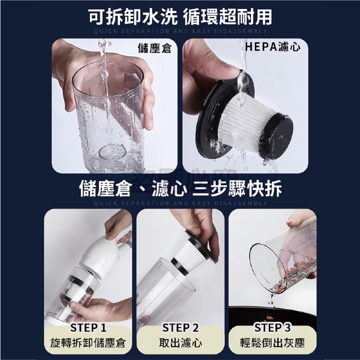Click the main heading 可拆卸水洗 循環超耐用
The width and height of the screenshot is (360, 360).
[x=180, y=17]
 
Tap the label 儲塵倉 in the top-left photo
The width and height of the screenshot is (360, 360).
[x=154, y=48]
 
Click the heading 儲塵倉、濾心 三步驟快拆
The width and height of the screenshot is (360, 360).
[x=180, y=189]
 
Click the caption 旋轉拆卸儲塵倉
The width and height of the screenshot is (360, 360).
[x=88, y=344]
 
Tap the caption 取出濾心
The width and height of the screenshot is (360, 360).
[x=180, y=344]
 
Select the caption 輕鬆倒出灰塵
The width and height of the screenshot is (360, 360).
[x=272, y=344]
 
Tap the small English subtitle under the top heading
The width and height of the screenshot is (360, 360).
[x=180, y=31]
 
